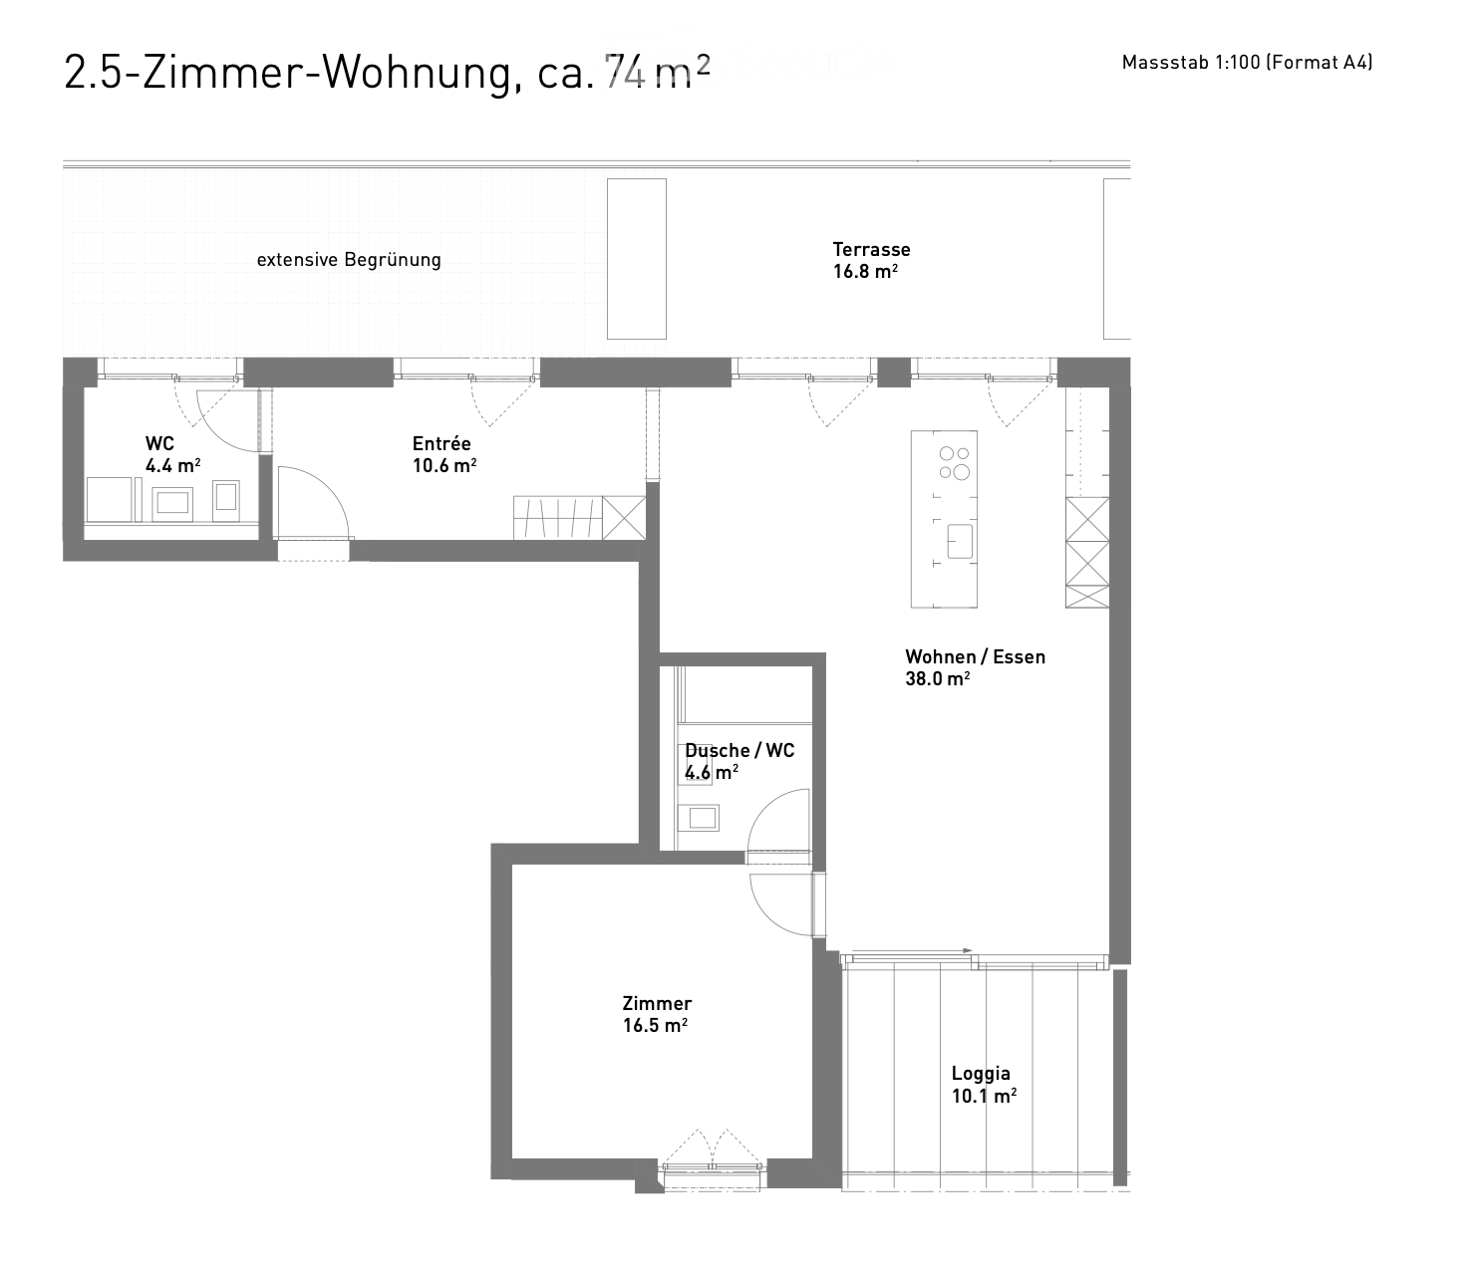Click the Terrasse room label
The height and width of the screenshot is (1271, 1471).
coord(871,250)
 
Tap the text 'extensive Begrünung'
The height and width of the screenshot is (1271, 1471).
coord(349,260)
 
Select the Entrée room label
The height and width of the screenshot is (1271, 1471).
coord(441,444)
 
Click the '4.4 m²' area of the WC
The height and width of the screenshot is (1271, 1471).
coord(172,466)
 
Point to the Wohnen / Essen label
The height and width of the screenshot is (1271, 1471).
coord(975,657)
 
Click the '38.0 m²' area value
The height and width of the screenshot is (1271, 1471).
coord(937,679)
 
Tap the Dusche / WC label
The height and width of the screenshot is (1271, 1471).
coord(739,751)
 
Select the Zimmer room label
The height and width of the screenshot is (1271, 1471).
coord(657,1004)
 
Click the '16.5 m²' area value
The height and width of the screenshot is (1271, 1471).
coord(655,1026)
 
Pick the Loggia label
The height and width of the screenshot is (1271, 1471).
coord(981,1074)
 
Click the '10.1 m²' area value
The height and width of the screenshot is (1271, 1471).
coord(984,1096)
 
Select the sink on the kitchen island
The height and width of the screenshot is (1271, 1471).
coord(959,541)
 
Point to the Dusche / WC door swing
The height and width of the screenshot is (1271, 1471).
coord(779,823)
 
